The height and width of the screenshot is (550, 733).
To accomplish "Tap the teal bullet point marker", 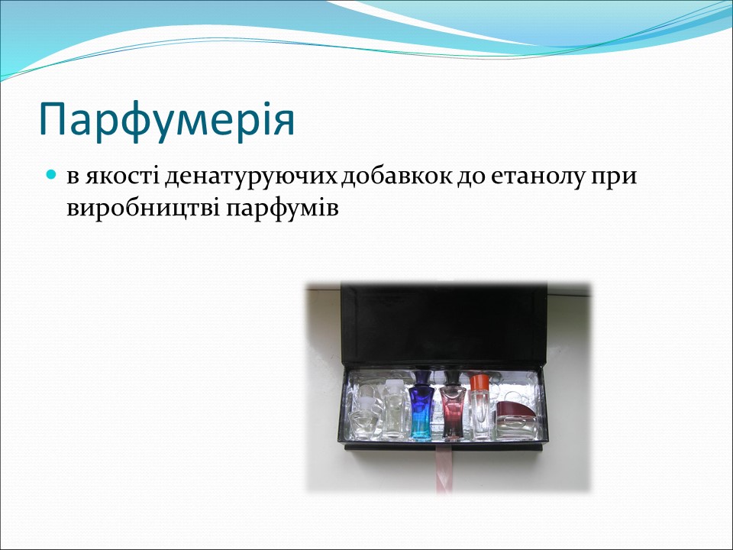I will pyautogui.click(x=52, y=176).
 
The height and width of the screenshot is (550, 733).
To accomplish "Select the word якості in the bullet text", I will pyautogui.click(x=124, y=177).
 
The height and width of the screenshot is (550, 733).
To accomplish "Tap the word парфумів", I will pyautogui.click(x=282, y=207).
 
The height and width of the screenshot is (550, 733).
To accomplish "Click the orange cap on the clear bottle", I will pyautogui.click(x=480, y=380).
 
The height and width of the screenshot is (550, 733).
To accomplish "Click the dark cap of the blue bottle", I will pyautogui.click(x=421, y=378).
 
